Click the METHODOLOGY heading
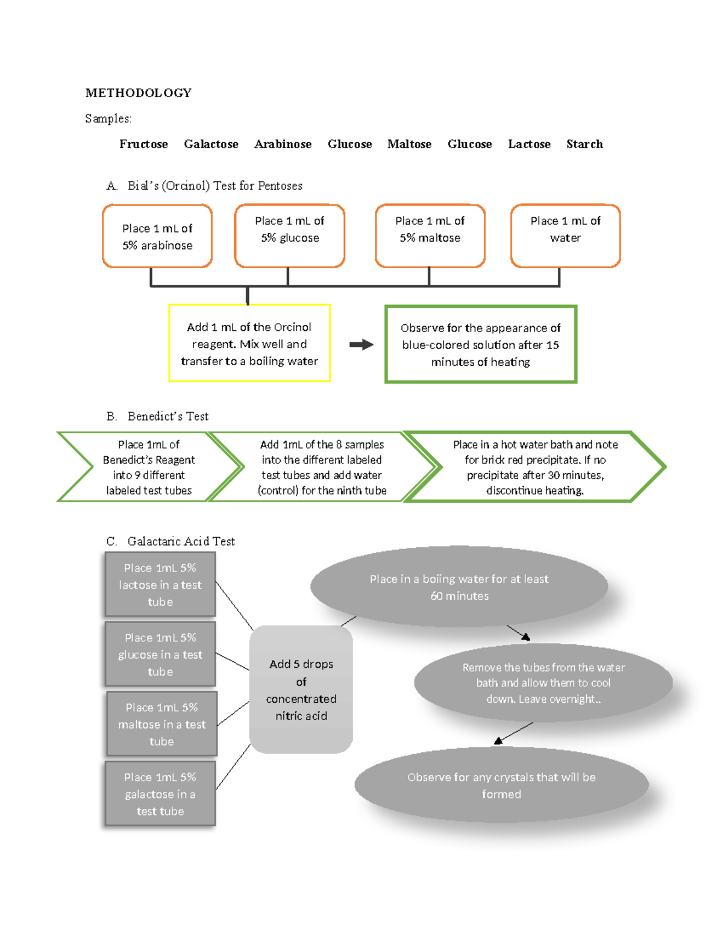click(138, 93)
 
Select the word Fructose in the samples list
click(143, 144)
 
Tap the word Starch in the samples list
click(584, 144)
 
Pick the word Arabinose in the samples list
click(283, 144)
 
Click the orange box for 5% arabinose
click(157, 236)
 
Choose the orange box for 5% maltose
click(430, 236)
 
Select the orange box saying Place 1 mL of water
click(565, 236)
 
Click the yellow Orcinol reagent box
click(249, 344)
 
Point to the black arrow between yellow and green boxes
click(361, 345)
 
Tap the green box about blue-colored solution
click(481, 345)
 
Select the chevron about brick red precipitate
click(535, 467)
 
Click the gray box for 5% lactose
click(160, 585)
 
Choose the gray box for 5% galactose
click(160, 794)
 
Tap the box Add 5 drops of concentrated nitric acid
click(301, 689)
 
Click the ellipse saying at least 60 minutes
click(459, 587)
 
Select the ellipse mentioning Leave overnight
click(543, 683)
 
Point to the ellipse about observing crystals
click(501, 785)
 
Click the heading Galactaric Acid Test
click(181, 541)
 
